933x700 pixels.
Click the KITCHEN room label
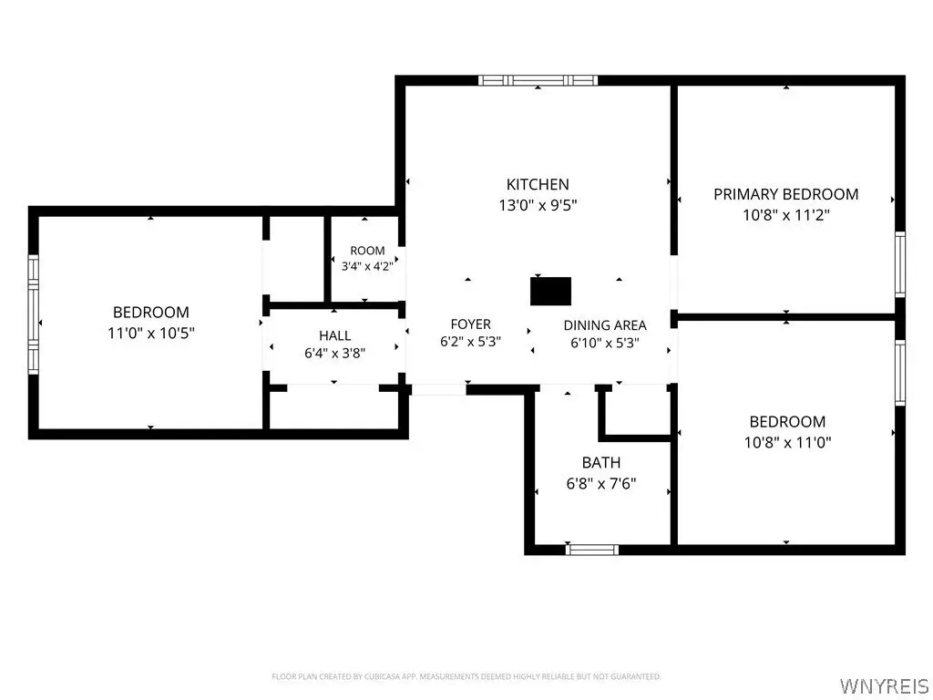point(538,184)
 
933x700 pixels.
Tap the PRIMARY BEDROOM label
point(786,194)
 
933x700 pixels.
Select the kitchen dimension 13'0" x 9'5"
point(538,205)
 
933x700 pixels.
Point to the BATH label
point(601,462)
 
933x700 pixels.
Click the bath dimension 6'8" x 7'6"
point(601,483)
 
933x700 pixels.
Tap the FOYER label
point(471,324)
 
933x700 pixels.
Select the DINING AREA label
point(605,325)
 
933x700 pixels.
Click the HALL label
point(335,335)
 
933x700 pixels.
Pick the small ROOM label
point(367,251)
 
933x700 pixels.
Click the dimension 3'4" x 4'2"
point(367,266)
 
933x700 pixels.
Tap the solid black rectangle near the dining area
point(550,291)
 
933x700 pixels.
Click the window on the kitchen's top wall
point(538,80)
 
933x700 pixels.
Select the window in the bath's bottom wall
point(591,550)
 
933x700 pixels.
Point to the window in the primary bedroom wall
point(900,264)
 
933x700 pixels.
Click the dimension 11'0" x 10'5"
point(151,333)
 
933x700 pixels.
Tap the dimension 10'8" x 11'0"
point(787,442)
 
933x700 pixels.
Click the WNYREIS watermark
point(883,685)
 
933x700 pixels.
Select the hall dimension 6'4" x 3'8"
point(335,354)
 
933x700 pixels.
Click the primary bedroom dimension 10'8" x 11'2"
point(786,215)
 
